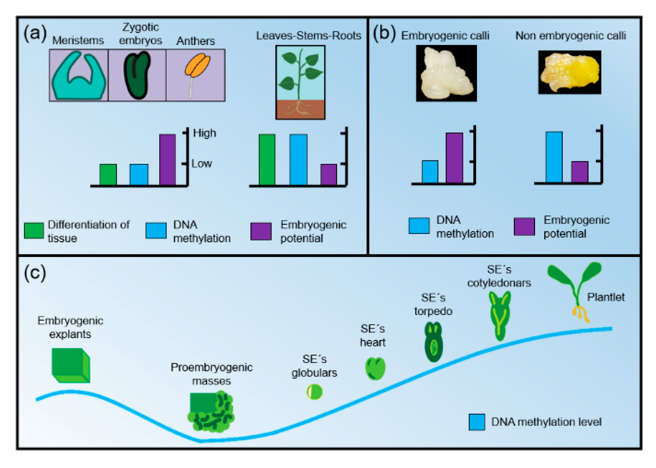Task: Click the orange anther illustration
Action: pyautogui.click(x=197, y=66)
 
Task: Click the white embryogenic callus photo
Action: pyautogui.click(x=446, y=74)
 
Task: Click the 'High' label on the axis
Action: pyautogui.click(x=204, y=133)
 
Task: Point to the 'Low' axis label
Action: pyautogui.click(x=202, y=164)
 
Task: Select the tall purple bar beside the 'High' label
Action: pyautogui.click(x=167, y=159)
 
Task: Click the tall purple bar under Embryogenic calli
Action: pyautogui.click(x=454, y=158)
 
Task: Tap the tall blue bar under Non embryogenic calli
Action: pyautogui.click(x=554, y=157)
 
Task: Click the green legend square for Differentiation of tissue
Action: pyautogui.click(x=34, y=231)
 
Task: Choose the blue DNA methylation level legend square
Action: pyautogui.click(x=477, y=422)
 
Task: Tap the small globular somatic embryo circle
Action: pyautogui.click(x=314, y=392)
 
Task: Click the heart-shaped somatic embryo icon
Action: pyautogui.click(x=375, y=368)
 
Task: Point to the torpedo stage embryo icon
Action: pyautogui.click(x=433, y=342)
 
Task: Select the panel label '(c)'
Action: pyautogui.click(x=35, y=273)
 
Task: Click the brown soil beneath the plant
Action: pyautogui.click(x=300, y=109)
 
